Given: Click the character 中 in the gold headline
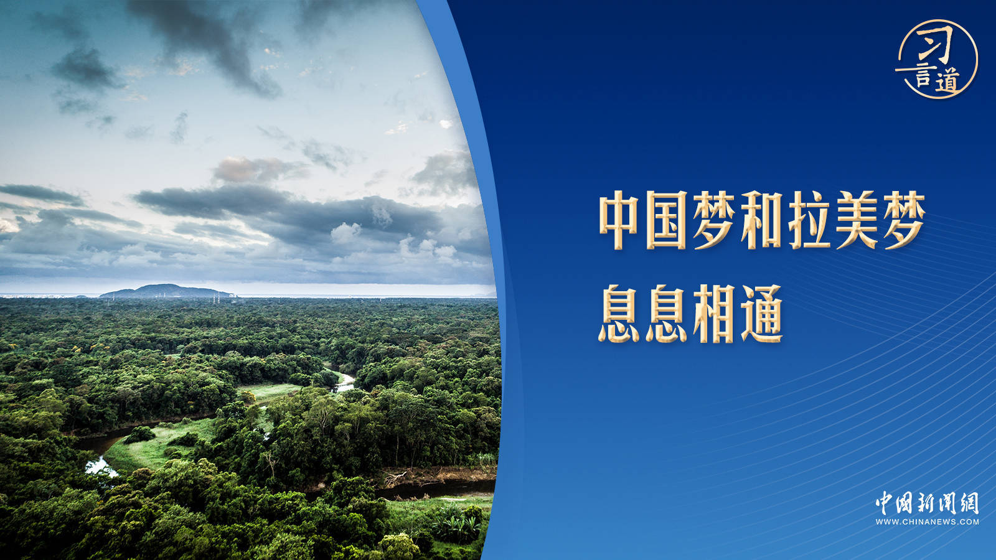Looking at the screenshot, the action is click(x=619, y=220).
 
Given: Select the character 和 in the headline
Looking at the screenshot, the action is click(x=762, y=220).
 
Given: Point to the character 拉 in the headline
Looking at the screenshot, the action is click(x=809, y=220).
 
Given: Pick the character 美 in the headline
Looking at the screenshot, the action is click(x=857, y=220).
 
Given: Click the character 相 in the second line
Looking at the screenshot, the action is click(x=714, y=314).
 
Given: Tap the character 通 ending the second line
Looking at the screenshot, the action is click(x=762, y=314).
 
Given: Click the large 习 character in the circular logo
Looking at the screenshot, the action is click(x=936, y=44).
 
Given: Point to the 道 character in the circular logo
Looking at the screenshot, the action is click(x=947, y=81).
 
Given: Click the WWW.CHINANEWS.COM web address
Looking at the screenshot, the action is click(x=927, y=522).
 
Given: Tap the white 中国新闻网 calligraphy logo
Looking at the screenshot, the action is click(x=927, y=503).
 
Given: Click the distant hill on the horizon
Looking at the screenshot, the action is click(x=167, y=291).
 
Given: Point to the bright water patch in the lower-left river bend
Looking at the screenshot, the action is click(x=100, y=467).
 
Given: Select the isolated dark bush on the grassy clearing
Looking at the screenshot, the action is click(x=139, y=435).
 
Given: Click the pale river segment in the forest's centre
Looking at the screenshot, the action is click(x=344, y=383).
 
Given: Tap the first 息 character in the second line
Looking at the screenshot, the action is click(x=619, y=314).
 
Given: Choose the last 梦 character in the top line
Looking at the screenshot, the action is click(x=904, y=220).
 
